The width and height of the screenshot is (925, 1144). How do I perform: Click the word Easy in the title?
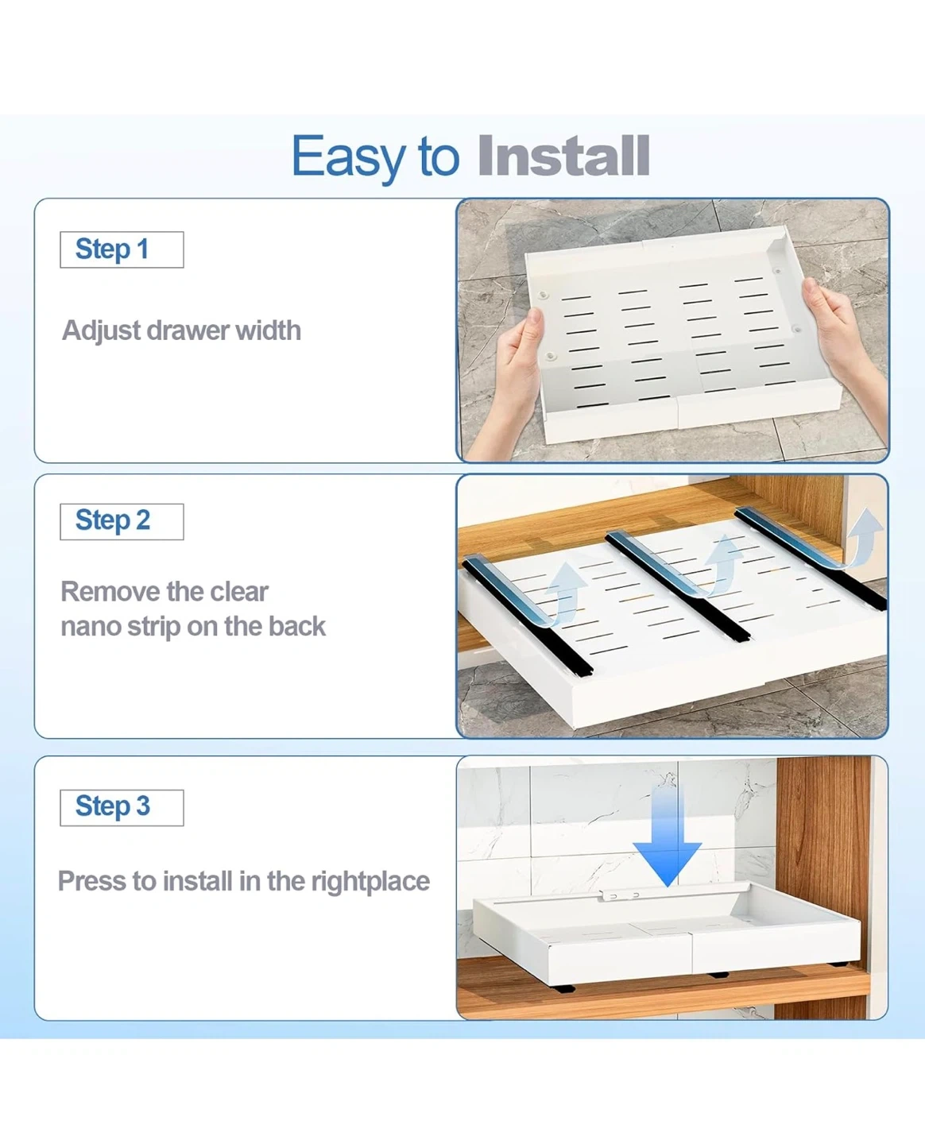click(x=349, y=157)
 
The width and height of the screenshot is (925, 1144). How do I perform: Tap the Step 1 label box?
click(x=122, y=249)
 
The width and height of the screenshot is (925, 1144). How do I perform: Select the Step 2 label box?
click(x=122, y=521)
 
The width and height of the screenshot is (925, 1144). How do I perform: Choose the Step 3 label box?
click(x=122, y=807)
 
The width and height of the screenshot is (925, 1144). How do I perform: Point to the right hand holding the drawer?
click(x=843, y=344)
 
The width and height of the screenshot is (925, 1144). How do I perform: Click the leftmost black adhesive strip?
click(x=528, y=616)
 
